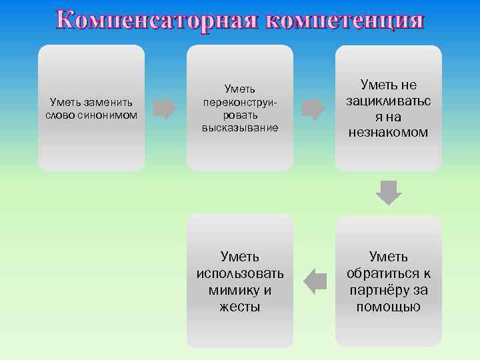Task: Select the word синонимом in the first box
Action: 110,115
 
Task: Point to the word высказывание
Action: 240,127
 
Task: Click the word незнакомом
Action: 388,133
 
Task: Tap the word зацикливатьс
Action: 388,101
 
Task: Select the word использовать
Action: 240,273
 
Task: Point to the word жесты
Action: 240,307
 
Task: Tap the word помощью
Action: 388,307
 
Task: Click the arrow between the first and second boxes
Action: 165,108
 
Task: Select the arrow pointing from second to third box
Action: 313,108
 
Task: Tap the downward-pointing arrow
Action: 389,192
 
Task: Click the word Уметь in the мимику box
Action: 240,257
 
